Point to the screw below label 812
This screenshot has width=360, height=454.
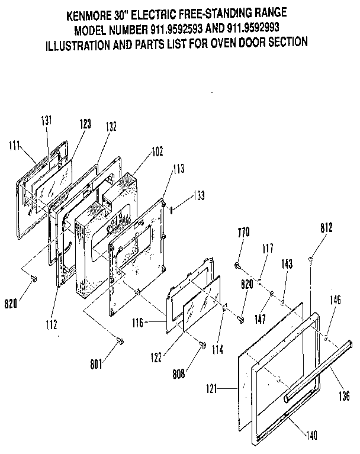pyautogui.click(x=311, y=258)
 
